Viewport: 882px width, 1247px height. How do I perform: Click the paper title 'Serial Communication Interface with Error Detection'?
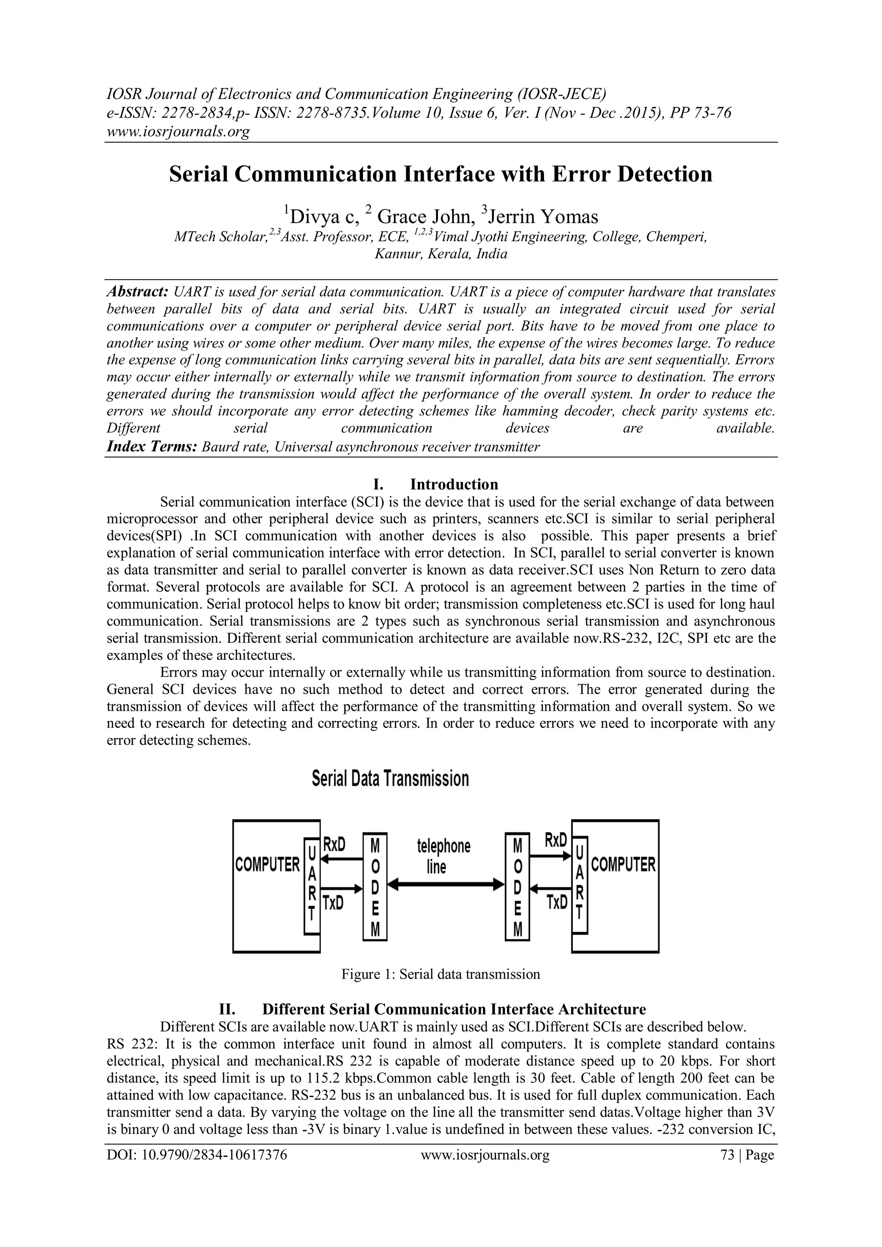[441, 174]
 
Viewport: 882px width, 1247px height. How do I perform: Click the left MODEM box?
[375, 887]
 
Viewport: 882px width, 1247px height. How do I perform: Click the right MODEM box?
[517, 887]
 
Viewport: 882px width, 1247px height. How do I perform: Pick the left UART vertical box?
[312, 886]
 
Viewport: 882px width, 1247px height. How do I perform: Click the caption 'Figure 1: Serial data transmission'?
[441, 974]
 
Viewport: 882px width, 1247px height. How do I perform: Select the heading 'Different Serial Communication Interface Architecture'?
[454, 1009]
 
